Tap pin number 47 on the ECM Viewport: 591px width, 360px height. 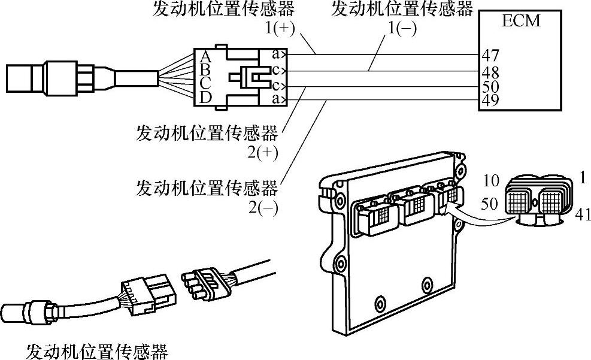(x=491, y=56)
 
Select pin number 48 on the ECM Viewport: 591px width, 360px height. (x=491, y=71)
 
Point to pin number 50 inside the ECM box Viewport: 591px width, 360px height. (x=491, y=87)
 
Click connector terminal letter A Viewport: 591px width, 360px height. (x=205, y=57)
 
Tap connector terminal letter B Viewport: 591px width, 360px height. (x=205, y=69)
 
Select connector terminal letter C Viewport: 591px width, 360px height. (x=205, y=83)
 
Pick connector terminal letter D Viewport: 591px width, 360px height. (x=205, y=96)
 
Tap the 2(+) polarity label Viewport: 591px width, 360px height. (x=262, y=153)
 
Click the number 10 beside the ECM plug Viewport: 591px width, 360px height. (x=491, y=181)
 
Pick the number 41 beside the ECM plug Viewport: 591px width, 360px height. (x=582, y=213)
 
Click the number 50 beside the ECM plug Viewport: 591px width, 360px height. (x=489, y=204)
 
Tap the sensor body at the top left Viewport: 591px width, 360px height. (x=54, y=78)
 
